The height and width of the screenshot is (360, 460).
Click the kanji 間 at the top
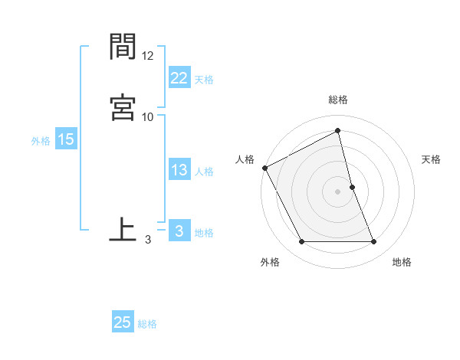[x=123, y=47]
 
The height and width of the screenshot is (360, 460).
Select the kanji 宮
[x=123, y=107]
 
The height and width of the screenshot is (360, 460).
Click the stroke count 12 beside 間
[x=148, y=56]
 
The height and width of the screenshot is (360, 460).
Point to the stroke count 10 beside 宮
[x=148, y=116]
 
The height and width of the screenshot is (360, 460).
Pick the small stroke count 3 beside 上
[x=148, y=239]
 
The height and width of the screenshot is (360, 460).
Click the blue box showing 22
[x=179, y=78]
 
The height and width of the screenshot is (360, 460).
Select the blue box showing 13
[x=179, y=170]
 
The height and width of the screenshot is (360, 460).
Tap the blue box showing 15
[x=65, y=139]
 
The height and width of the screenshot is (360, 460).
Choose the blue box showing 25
[x=123, y=322]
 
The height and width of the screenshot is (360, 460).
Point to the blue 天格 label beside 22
[x=204, y=80]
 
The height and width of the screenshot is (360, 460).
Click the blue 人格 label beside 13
[x=204, y=172]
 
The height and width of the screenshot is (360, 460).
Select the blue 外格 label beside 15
[x=41, y=141]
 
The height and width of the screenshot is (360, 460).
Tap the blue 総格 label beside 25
[x=147, y=324]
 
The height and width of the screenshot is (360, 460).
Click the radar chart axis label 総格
[x=338, y=100]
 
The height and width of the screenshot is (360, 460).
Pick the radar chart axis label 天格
[x=432, y=159]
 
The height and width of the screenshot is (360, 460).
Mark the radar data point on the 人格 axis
[x=264, y=168]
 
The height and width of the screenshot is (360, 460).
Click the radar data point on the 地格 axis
[x=374, y=242]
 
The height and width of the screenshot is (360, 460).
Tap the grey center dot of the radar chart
[x=338, y=191]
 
